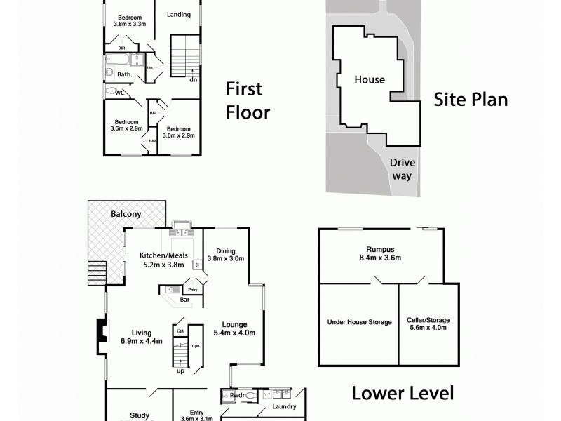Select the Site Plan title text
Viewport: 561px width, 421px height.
[x=471, y=99]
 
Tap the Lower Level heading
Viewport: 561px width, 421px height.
[x=402, y=393]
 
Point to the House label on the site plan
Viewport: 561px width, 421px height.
[x=369, y=79]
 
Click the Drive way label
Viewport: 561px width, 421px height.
[x=402, y=168]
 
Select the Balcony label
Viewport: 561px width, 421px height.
[x=126, y=214]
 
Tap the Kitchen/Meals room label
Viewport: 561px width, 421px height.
[x=163, y=260]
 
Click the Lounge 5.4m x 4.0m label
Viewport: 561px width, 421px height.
[x=234, y=328]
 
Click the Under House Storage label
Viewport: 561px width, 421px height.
[x=359, y=322]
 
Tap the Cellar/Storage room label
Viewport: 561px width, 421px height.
[x=428, y=324]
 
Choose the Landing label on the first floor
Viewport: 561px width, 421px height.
[x=178, y=13]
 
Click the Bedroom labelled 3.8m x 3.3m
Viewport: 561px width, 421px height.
[x=129, y=20]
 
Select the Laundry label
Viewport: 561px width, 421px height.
[x=284, y=406]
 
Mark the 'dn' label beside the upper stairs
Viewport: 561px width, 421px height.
[x=192, y=79]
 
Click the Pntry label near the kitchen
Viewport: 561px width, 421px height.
[x=191, y=288]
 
